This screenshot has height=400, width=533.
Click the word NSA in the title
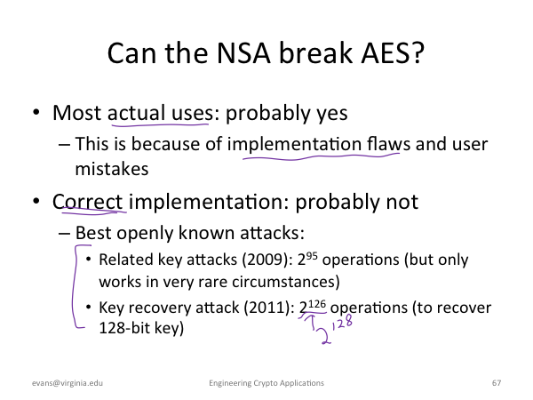coord(243,52)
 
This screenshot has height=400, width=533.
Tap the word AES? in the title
coord(393,52)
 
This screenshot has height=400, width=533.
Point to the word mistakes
coord(112,169)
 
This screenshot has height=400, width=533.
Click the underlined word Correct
coord(87,202)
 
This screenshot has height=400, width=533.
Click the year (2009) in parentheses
coord(267,260)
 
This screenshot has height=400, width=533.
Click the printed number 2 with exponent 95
coord(307,260)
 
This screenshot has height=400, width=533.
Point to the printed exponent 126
coord(317,303)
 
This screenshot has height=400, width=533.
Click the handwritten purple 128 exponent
coord(342,323)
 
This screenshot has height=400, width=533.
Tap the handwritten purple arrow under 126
coord(310,321)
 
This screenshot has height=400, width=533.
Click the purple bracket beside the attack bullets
coord(74,285)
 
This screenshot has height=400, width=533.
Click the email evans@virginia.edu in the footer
coord(68,383)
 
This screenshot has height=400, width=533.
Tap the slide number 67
coord(497,383)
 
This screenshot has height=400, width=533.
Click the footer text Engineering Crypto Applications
coord(266,383)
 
